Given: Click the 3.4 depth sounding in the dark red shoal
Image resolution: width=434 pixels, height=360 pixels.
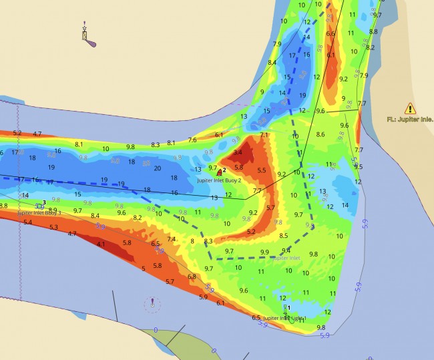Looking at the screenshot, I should pos(238,153).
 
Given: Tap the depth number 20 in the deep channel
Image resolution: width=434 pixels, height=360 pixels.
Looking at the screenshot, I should pos(157,168).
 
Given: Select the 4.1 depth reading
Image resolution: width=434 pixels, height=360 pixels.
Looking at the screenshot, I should pos(101,244).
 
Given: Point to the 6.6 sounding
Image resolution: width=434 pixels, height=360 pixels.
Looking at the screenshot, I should pos(331,33).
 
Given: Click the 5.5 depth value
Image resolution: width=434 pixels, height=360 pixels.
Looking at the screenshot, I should pos(262,171).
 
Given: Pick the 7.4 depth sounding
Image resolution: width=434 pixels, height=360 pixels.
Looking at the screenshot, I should pos(172,239).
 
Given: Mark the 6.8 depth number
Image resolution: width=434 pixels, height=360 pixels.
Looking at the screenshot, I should pos(192,277).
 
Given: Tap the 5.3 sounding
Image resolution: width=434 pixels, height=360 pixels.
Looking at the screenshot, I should pos(53,227).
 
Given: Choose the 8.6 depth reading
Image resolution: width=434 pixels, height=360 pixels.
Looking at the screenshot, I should pos(320,135).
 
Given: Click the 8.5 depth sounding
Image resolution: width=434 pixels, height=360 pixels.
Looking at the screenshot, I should pos(284,236).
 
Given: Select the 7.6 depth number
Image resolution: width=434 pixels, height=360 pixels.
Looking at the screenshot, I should pos(192,140).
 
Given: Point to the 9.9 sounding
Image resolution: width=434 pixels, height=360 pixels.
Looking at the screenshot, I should pos(264,252).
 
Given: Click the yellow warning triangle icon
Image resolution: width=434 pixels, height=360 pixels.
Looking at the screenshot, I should pos(410,108).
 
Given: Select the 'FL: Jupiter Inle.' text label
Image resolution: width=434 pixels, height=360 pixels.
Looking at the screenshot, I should pos(410,120).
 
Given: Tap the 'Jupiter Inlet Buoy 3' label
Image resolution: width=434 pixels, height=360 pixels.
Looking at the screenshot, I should pos(41,212).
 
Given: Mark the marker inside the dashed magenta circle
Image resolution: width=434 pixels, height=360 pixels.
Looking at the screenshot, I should pos(153,304).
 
